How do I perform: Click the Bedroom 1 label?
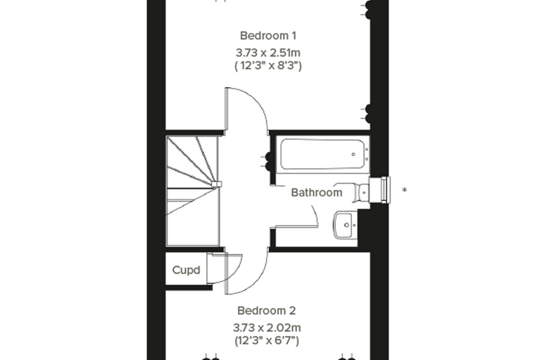pyautogui.click(x=267, y=36)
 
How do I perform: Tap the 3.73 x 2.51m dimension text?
pyautogui.click(x=267, y=53)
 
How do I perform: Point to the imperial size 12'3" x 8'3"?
pyautogui.click(x=268, y=65)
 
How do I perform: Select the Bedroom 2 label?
pyautogui.click(x=267, y=311)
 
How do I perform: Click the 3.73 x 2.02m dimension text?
pyautogui.click(x=267, y=328)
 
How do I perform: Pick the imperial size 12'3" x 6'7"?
pyautogui.click(x=267, y=340)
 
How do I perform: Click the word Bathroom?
pyautogui.click(x=317, y=193)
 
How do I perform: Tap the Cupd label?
pyautogui.click(x=186, y=270)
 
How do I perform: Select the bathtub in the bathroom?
pyautogui.click(x=323, y=155)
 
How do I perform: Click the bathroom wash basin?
pyautogui.click(x=346, y=225)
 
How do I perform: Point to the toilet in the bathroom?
pyautogui.click(x=363, y=193)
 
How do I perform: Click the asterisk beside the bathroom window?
pyautogui.click(x=405, y=190)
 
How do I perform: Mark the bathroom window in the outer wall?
pyautogui.click(x=380, y=190)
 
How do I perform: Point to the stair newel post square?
pyautogui.click(x=217, y=184)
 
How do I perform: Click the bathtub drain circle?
pyautogui.click(x=353, y=155)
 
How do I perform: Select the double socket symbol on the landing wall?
pyautogui.click(x=268, y=161)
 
